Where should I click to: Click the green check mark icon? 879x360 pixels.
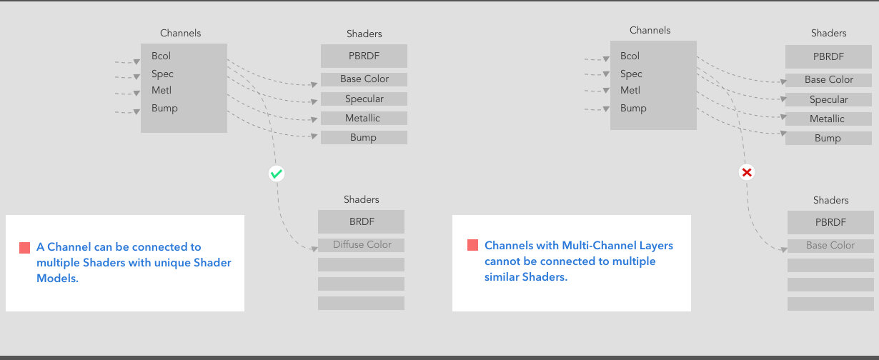click(277, 174)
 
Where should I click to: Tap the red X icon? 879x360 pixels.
click(746, 172)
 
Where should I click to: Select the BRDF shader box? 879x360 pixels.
click(361, 221)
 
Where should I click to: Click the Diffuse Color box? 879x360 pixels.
click(361, 245)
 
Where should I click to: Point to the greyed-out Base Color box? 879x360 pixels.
click(830, 246)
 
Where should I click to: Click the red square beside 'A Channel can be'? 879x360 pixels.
click(25, 248)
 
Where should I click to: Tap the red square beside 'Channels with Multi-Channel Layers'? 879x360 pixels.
click(473, 245)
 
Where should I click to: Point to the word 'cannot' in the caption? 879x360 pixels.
click(502, 261)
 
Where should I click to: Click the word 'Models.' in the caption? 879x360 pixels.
click(58, 279)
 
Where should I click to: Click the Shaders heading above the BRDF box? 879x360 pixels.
click(361, 199)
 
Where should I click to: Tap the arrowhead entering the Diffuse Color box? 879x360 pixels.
click(314, 249)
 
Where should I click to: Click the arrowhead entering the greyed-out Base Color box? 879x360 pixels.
click(784, 250)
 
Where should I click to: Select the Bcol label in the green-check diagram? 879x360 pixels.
click(161, 56)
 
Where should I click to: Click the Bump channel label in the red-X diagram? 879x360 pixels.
click(633, 109)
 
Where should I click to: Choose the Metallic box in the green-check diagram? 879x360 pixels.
click(364, 118)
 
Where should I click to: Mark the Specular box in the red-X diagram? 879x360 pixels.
click(828, 99)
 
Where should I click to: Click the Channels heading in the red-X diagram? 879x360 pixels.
click(650, 30)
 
